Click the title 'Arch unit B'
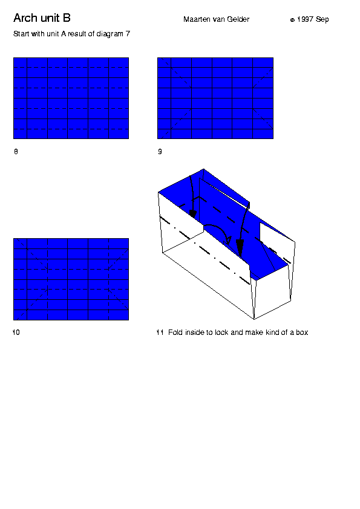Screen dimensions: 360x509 [x=42, y=18]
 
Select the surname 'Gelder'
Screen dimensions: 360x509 [x=238, y=19]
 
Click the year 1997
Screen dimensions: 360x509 [x=305, y=19]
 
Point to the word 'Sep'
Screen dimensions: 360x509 [x=322, y=20]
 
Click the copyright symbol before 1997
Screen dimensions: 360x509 [x=292, y=20]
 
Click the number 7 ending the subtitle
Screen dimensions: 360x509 [x=128, y=34]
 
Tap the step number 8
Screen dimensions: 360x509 [x=16, y=152]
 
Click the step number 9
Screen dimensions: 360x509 [x=160, y=152]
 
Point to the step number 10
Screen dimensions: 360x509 [x=16, y=332]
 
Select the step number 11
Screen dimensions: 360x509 [x=160, y=332]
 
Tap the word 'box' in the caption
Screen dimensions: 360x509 [x=302, y=332]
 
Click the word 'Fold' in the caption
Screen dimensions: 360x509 [x=175, y=332]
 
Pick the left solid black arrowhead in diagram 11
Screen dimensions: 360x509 [x=193, y=213]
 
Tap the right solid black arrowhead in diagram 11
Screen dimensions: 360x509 [x=240, y=248]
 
